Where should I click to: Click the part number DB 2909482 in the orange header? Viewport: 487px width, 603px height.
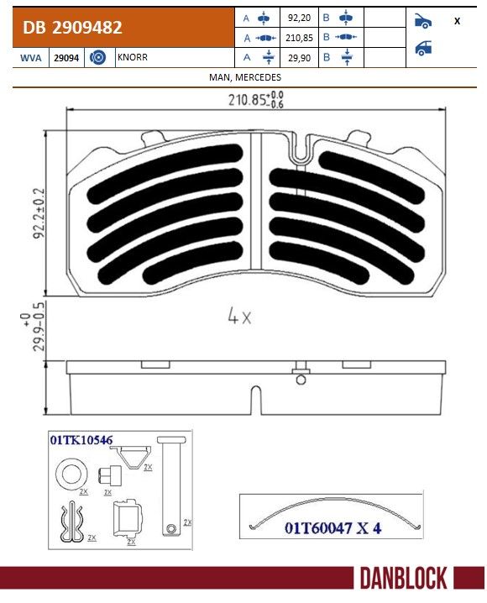pos(72,28)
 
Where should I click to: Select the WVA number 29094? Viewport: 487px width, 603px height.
pos(66,58)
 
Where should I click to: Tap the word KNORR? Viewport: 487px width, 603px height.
pos(132,57)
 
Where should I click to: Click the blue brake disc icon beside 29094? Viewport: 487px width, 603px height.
pos(97,58)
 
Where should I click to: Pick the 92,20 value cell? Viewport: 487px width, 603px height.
pos(299,18)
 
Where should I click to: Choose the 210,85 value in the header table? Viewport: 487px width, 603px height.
pos(299,38)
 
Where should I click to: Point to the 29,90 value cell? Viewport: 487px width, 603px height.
pos(299,58)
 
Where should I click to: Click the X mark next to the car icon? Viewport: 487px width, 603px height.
pos(457,21)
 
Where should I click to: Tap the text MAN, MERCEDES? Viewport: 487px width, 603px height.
pos(245,77)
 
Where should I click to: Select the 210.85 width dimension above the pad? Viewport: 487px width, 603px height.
pos(255,100)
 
